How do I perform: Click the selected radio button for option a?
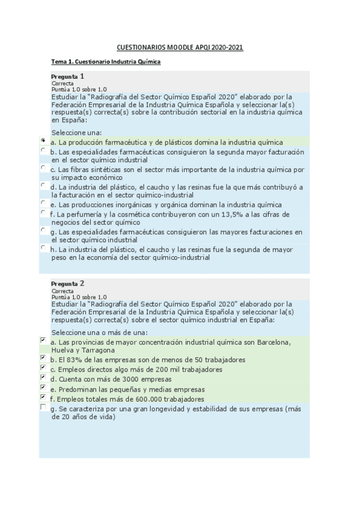[x=43, y=140]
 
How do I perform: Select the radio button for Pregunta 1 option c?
[x=43, y=168]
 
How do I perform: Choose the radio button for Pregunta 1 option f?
[x=43, y=212]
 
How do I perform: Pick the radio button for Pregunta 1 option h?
[x=43, y=247]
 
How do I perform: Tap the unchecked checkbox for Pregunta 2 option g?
[x=43, y=407]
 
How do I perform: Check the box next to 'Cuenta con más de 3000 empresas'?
[x=43, y=377]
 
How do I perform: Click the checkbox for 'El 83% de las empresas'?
[x=43, y=357]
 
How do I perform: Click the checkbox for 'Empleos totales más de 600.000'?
[x=43, y=397]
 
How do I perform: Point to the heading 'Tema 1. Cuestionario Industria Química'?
[x=106, y=61]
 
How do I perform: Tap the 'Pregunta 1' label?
[x=67, y=76]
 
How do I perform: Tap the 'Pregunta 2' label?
[x=67, y=283]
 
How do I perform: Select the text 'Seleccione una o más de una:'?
[x=99, y=332]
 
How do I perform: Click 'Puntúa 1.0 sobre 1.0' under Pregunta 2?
[x=79, y=296]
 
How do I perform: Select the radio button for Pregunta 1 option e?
[x=43, y=203]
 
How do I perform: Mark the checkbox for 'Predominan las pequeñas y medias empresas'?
[x=43, y=387]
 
